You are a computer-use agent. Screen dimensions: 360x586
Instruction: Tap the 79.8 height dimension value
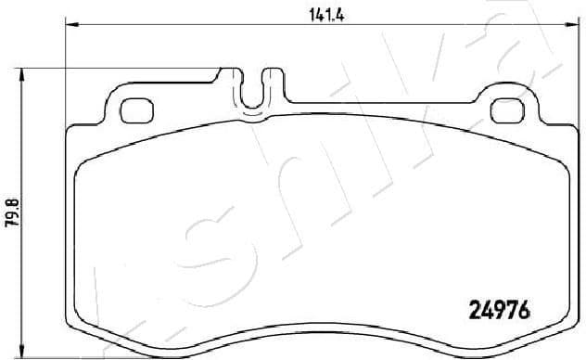11,213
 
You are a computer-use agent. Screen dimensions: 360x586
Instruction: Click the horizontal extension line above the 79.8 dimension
121,68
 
